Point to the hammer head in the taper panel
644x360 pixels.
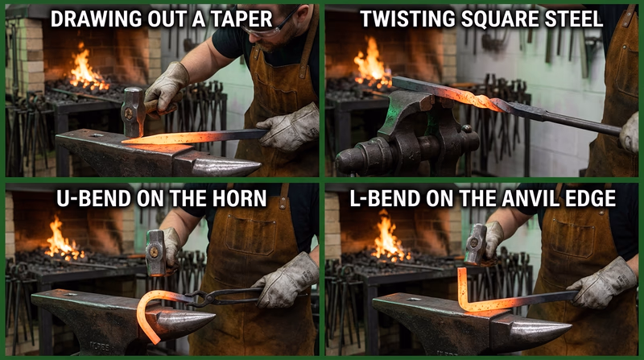click(133, 106)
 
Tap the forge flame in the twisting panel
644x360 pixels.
click(373, 64)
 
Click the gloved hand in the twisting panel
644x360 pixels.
click(630, 133)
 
